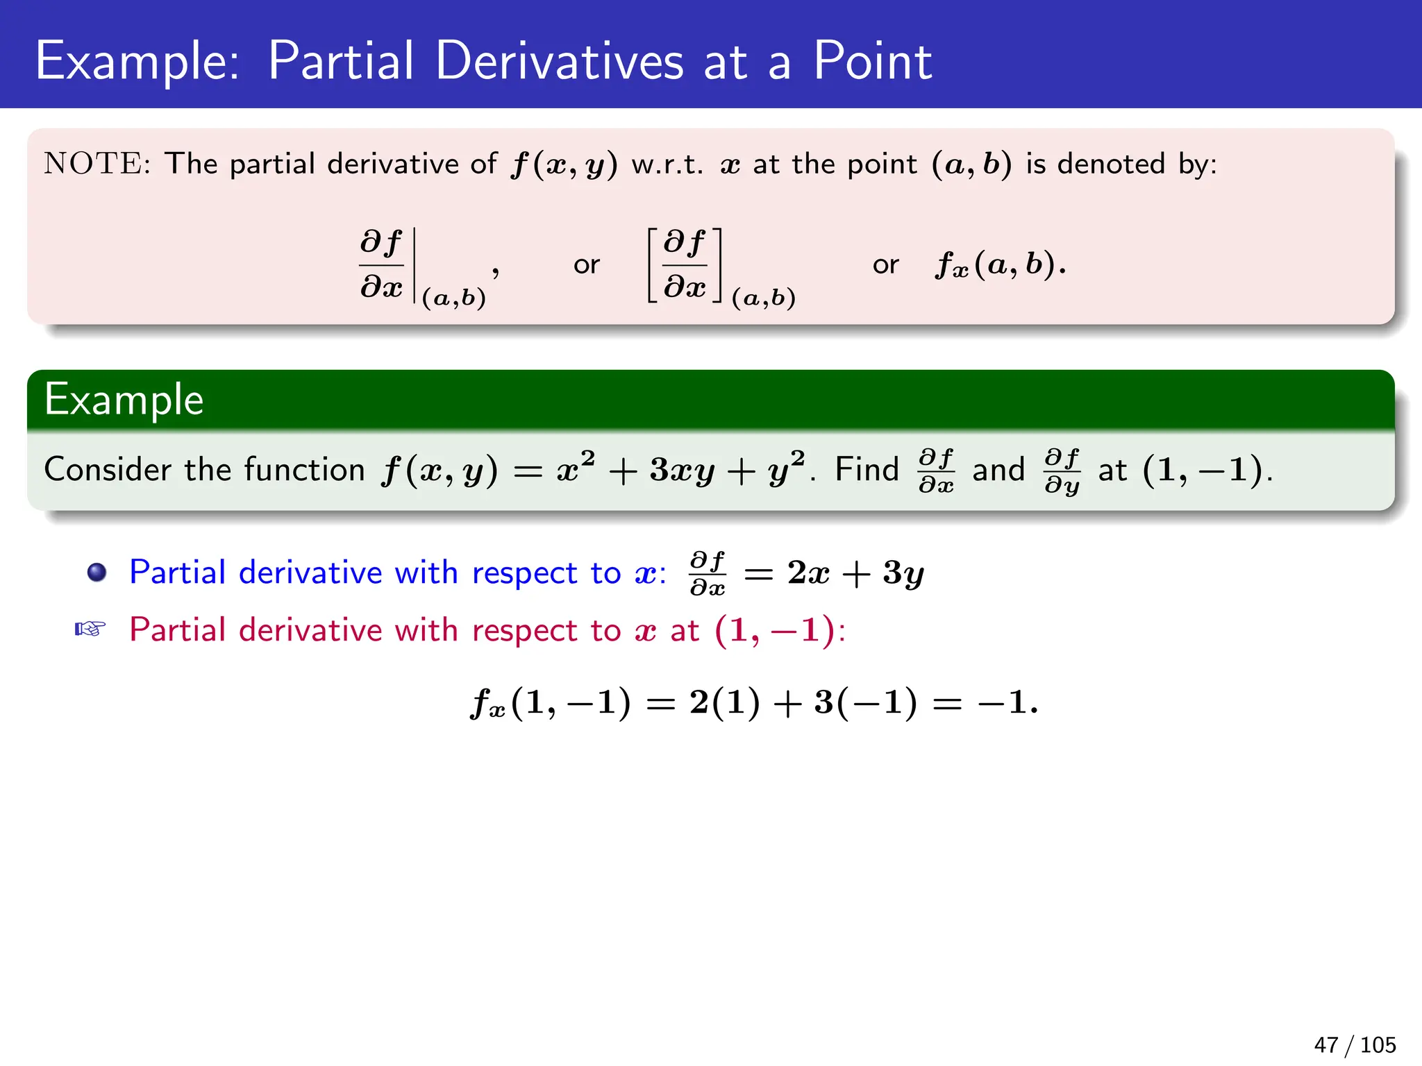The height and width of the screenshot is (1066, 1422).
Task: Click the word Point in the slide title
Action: point(872,61)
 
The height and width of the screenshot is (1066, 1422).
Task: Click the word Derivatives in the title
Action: point(560,61)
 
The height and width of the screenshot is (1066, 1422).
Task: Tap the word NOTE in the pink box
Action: point(93,164)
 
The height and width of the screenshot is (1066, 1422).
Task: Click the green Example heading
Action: point(124,400)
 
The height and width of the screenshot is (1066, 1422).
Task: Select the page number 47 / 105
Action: point(1354,1044)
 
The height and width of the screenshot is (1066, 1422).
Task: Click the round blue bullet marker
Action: point(97,573)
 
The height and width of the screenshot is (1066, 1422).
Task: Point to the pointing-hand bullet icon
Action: point(90,629)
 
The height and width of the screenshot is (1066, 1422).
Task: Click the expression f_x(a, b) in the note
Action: point(1000,264)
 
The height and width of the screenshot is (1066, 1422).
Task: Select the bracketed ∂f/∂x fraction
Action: point(685,264)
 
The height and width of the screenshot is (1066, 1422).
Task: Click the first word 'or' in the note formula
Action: point(586,264)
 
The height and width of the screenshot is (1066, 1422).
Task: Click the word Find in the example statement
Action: point(867,470)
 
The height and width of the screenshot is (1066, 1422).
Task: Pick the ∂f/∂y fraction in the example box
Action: point(1062,471)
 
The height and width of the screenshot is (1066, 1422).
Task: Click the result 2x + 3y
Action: point(855,573)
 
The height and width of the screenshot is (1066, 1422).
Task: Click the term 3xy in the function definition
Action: point(682,471)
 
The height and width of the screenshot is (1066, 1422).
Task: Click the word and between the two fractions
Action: point(998,470)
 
